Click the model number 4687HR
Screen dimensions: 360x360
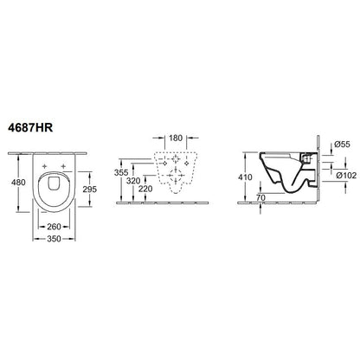click(30, 127)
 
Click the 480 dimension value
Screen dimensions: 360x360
click(18, 183)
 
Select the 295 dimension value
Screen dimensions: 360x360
click(90, 190)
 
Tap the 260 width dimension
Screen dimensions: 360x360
click(55, 227)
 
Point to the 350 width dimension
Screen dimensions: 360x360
click(55, 239)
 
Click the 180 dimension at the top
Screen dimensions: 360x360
click(176, 138)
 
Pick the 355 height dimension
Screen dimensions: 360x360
click(121, 172)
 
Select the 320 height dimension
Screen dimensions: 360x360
click(133, 181)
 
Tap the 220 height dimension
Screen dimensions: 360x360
click(145, 189)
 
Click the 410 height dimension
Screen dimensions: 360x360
click(245, 177)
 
